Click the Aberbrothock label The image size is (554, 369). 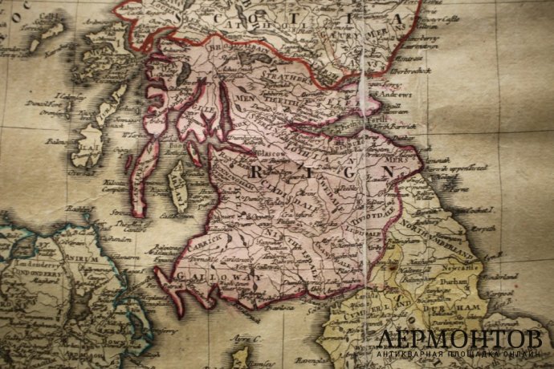pos(393,71)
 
